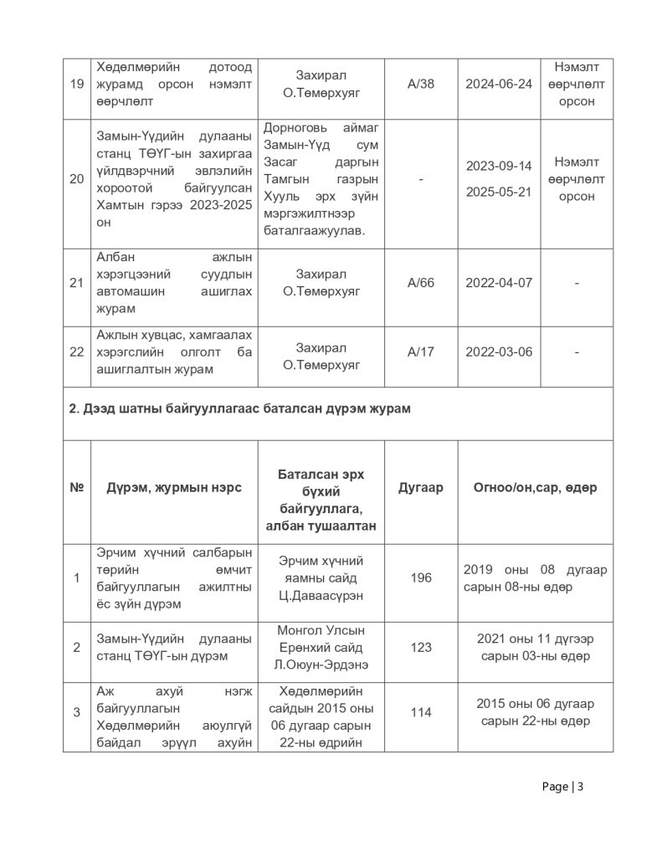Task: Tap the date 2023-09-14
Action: (499, 166)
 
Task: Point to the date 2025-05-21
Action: (499, 192)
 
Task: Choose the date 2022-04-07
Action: (499, 283)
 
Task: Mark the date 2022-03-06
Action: (499, 352)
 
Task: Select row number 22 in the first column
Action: (76, 352)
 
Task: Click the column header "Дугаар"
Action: (421, 488)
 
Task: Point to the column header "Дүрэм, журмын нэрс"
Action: (174, 488)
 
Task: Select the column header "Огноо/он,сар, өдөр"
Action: (536, 488)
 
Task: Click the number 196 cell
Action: (421, 577)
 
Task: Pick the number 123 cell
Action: (421, 647)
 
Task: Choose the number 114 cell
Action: (421, 712)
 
